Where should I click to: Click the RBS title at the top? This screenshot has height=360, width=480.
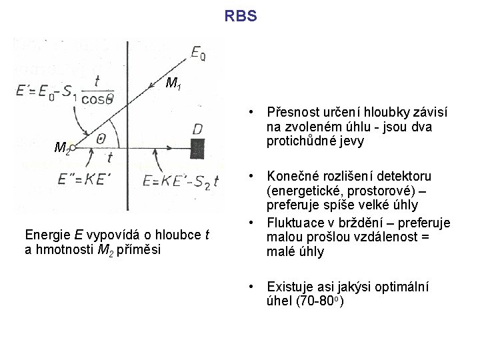pyautogui.click(x=240, y=15)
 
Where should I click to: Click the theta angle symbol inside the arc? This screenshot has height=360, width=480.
pyautogui.click(x=102, y=138)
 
